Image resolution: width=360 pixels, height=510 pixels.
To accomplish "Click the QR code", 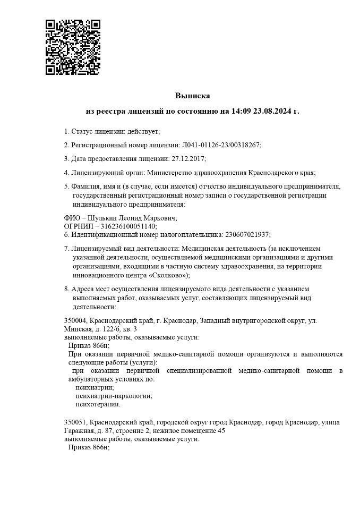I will (x=73, y=47).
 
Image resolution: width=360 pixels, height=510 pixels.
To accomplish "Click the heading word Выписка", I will (x=193, y=96).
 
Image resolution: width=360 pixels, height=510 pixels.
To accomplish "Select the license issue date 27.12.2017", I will (x=188, y=158).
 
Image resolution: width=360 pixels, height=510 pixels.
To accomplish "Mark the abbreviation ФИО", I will (x=72, y=218).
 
